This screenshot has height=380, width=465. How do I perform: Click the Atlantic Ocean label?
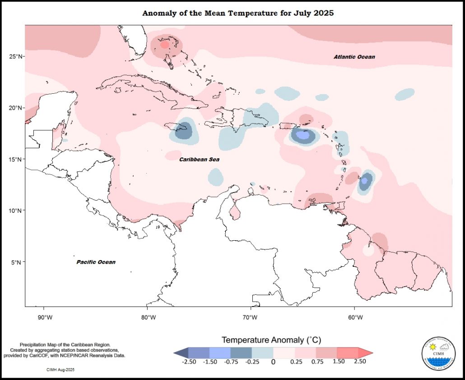pos(354,57)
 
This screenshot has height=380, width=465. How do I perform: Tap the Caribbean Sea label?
pos(199,160)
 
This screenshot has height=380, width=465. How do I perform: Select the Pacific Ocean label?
pos(96,262)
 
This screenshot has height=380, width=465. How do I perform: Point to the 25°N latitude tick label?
pos(17,56)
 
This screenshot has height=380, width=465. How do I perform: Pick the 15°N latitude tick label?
pos(17,160)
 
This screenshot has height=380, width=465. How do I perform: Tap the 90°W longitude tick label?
pos(44,317)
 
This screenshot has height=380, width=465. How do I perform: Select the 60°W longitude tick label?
pos(355,317)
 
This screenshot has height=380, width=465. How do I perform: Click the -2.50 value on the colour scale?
pos(188,361)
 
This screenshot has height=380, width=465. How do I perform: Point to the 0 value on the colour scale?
pos(273,361)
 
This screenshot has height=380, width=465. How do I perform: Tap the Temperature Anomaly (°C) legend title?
pos(271,339)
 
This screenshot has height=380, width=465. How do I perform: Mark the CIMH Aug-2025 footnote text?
pos(60,370)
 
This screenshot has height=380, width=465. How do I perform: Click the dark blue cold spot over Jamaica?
pos(183,130)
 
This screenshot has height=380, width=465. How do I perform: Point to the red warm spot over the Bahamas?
pos(165,44)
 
